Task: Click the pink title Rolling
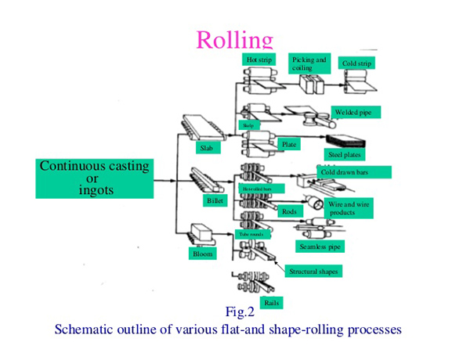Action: pyautogui.click(x=234, y=41)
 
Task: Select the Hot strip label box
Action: pyautogui.click(x=258, y=59)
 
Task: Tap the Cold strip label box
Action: pyautogui.click(x=358, y=63)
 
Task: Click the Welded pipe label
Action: pyautogui.click(x=356, y=113)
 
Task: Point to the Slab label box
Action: pyautogui.click(x=207, y=146)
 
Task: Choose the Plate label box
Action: pyautogui.click(x=291, y=145)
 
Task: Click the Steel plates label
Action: pyautogui.click(x=345, y=156)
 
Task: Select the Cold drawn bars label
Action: pyautogui.click(x=345, y=171)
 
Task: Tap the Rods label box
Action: pyautogui.click(x=289, y=211)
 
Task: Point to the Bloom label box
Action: pyautogui.click(x=203, y=254)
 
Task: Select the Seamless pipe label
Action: pyautogui.click(x=320, y=247)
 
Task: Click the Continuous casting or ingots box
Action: pyautogui.click(x=93, y=178)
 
